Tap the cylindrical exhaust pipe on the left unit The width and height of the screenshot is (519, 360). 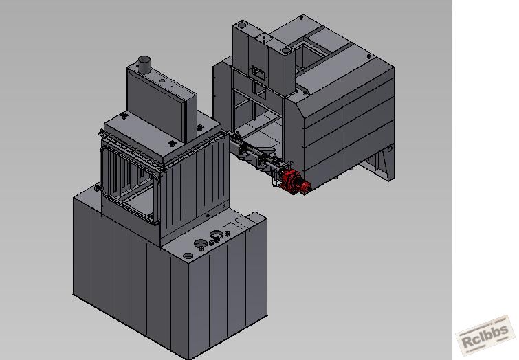tap(144, 65)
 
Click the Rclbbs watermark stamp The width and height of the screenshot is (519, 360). tap(485, 335)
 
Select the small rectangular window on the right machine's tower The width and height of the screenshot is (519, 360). tap(258, 72)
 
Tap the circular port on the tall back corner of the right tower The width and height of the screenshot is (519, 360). tap(241, 24)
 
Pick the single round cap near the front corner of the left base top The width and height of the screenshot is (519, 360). tap(188, 256)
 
